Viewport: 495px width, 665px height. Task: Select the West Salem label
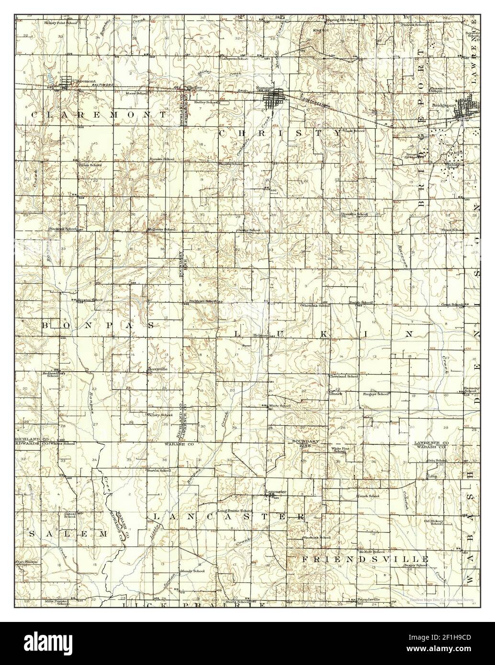pyautogui.click(x=26, y=561)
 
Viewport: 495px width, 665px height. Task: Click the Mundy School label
pyautogui.click(x=192, y=571)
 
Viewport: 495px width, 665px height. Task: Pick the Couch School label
pyautogui.click(x=368, y=496)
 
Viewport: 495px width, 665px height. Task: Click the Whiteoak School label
pyautogui.click(x=315, y=305)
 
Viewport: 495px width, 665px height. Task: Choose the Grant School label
pyautogui.click(x=451, y=304)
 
